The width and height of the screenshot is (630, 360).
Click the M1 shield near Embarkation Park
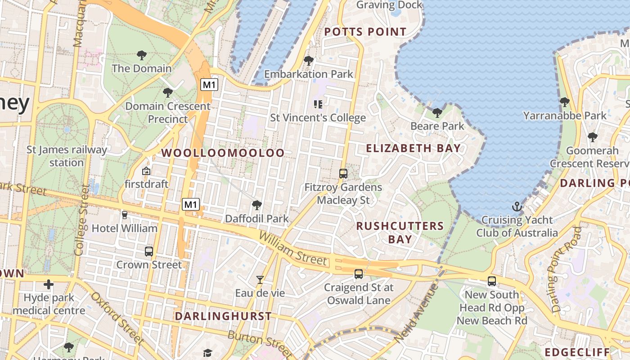(209, 85)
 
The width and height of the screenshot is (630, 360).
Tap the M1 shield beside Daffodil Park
(191, 205)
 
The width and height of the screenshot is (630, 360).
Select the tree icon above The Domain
(142, 55)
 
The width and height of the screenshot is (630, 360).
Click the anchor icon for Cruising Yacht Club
(517, 207)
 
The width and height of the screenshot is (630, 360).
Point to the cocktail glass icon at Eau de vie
(260, 280)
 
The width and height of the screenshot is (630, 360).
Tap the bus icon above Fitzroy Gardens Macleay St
(343, 173)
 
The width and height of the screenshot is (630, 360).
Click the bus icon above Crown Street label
(149, 252)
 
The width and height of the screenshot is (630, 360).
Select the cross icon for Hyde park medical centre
(49, 284)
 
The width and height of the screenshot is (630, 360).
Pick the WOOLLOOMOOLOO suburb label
(223, 153)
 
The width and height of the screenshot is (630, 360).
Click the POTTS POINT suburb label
(365, 32)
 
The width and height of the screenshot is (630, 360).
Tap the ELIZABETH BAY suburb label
(413, 148)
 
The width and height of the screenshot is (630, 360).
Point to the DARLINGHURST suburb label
(223, 316)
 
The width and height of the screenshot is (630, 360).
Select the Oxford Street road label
(116, 318)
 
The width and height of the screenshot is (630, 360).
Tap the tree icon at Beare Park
(437, 112)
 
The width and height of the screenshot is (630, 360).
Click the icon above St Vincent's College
(318, 104)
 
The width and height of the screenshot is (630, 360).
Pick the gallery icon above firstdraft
(146, 171)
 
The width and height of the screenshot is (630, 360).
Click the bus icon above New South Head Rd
(492, 281)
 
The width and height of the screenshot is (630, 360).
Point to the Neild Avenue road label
(415, 312)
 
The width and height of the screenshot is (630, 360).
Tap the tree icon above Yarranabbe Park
(565, 102)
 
